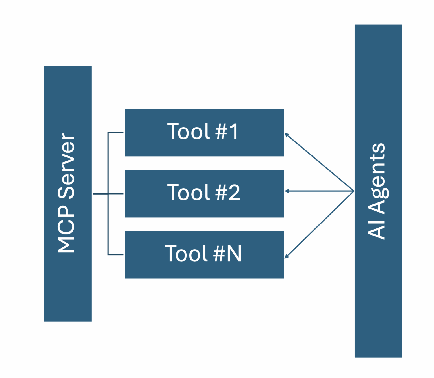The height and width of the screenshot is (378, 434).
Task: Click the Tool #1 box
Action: [x=204, y=133]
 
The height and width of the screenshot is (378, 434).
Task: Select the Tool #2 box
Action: [x=204, y=194]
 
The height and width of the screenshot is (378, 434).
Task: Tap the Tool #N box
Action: [x=204, y=255]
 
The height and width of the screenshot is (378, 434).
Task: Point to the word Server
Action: [x=67, y=166]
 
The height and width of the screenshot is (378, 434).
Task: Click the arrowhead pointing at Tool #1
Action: [x=287, y=135]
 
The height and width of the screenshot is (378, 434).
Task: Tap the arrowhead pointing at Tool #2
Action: [x=287, y=191]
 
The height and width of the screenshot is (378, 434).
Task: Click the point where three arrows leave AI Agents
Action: [x=353, y=191]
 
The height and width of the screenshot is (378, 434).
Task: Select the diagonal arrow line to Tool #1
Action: [x=319, y=162]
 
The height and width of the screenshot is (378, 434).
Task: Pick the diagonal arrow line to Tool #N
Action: [x=319, y=224]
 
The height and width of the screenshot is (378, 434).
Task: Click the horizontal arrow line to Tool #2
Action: [x=319, y=191]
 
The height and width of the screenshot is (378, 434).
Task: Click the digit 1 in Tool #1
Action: [x=234, y=132]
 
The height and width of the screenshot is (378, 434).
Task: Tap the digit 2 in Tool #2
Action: [x=234, y=193]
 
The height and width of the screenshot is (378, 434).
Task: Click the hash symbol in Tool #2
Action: [x=221, y=193]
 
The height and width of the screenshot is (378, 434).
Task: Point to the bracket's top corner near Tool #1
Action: [x=108, y=133]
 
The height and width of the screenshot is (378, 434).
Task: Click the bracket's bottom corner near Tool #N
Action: [x=108, y=255]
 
